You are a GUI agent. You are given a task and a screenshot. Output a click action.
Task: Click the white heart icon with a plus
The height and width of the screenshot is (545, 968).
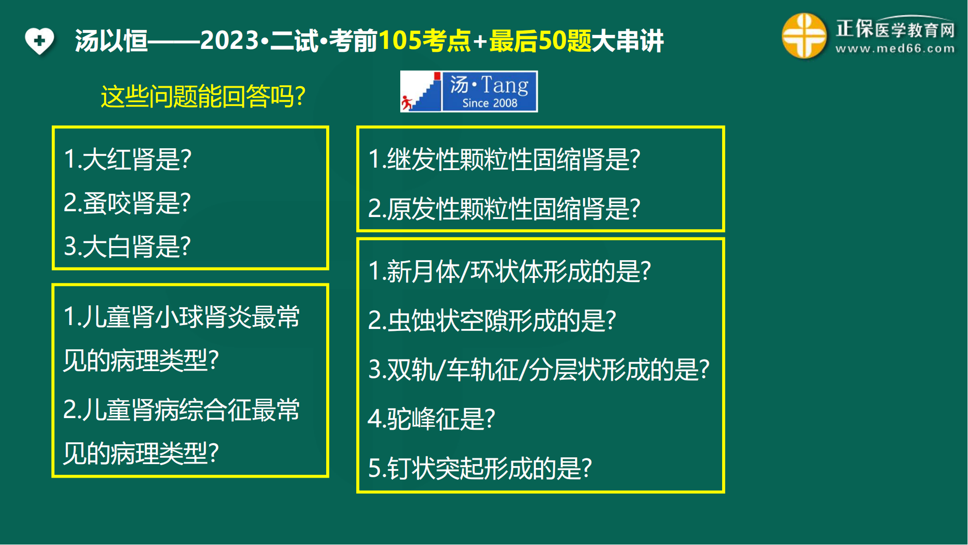(x=40, y=41)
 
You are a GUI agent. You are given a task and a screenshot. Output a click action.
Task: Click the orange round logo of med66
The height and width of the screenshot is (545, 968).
(x=804, y=36)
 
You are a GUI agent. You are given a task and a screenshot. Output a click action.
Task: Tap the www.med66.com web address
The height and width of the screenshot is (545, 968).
(x=895, y=48)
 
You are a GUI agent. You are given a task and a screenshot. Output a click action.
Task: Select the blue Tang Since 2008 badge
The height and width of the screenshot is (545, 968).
(x=469, y=92)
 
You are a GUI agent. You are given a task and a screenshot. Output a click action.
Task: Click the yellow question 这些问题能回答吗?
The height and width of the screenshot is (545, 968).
(x=203, y=96)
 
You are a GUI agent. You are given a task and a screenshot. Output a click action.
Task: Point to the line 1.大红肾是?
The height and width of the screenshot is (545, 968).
(x=128, y=159)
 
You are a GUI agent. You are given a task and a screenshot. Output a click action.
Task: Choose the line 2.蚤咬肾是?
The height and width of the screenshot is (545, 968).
(x=127, y=202)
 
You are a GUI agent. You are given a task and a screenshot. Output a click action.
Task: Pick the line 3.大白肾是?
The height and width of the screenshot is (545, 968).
(x=127, y=246)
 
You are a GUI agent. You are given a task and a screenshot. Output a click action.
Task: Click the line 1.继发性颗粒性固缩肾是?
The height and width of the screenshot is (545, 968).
(x=504, y=159)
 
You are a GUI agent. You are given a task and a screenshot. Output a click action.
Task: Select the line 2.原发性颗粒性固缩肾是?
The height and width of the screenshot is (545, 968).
(x=504, y=208)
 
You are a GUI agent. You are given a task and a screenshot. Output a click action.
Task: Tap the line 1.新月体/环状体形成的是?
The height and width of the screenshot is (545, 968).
(x=510, y=271)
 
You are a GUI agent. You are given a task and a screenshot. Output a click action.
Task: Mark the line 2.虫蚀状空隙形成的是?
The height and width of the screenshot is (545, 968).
(x=492, y=320)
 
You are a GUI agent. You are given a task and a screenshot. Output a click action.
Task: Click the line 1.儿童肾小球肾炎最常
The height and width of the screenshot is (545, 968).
(x=182, y=317)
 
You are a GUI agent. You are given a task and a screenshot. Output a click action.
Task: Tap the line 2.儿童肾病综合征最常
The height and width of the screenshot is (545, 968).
(x=182, y=410)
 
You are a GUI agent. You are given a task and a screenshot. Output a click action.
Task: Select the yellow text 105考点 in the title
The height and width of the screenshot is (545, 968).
(x=425, y=40)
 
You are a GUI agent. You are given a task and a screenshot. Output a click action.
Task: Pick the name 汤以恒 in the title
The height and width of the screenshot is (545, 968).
(x=111, y=40)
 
